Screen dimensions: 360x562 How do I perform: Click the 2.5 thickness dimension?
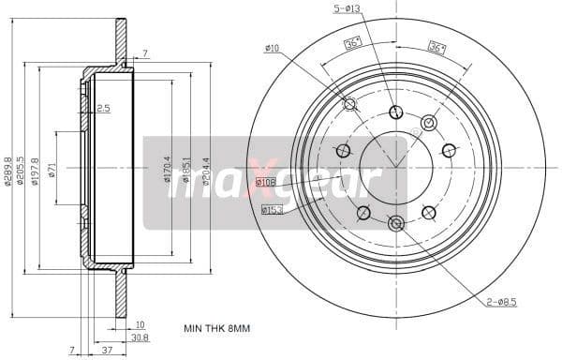(x=102, y=109)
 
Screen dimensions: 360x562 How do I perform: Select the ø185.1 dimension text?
(x=186, y=170)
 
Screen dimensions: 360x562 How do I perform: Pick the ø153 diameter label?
(x=271, y=211)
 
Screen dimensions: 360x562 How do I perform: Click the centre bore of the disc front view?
(x=395, y=167)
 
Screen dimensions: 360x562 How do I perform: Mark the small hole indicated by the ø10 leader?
(x=350, y=104)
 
